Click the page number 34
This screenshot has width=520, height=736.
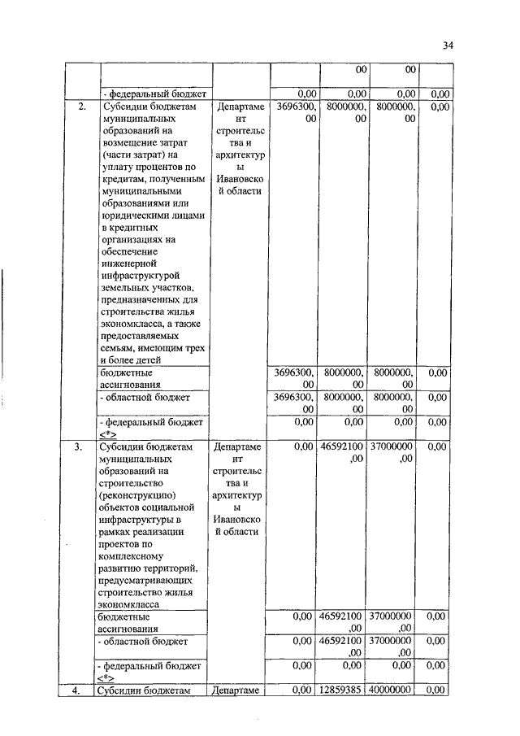448,46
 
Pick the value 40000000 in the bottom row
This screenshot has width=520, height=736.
391,690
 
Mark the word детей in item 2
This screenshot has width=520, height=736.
147,359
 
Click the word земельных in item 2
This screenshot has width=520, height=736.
125,288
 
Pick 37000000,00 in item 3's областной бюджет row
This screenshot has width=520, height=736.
391,647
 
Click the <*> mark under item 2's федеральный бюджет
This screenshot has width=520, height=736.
107,433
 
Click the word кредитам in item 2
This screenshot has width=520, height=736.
124,179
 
